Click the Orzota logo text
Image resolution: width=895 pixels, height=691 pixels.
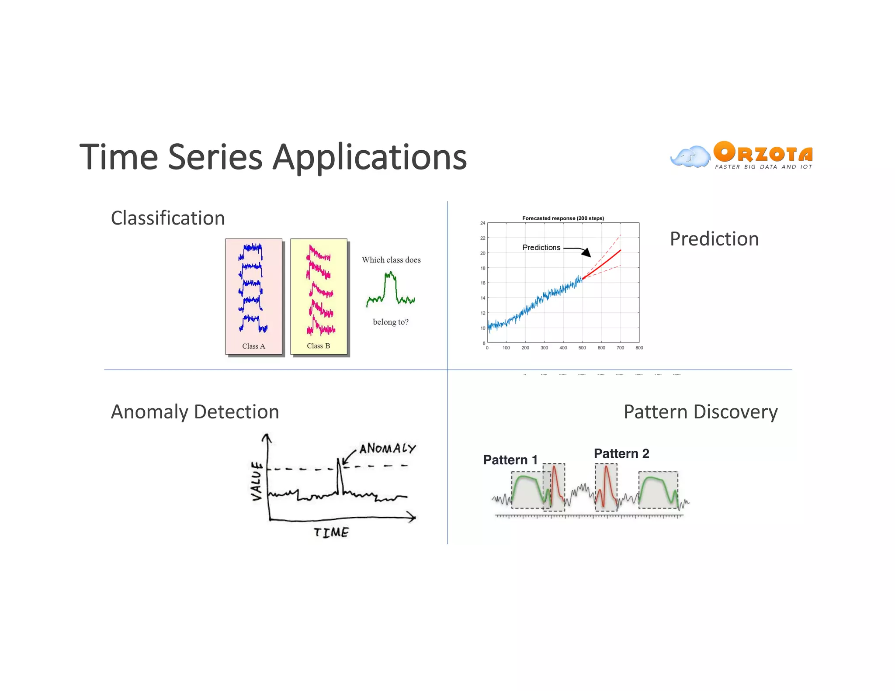click(763, 152)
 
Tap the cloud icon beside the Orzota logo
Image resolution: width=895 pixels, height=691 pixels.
click(690, 157)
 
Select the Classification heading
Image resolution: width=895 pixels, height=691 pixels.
click(168, 218)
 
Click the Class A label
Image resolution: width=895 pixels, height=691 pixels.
click(253, 346)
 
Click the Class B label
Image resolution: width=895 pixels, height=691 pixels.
click(318, 346)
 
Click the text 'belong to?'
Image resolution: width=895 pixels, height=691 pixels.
click(390, 322)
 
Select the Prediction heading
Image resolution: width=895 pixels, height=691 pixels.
click(714, 239)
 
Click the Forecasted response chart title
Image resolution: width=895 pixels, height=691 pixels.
click(563, 218)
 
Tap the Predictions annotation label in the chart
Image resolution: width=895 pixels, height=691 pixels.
click(541, 248)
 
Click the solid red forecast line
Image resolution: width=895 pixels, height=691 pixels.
click(603, 264)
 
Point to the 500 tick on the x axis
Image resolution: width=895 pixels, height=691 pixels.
click(582, 348)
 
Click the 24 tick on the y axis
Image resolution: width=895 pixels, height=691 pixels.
click(482, 223)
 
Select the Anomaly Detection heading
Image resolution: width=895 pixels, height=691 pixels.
click(195, 412)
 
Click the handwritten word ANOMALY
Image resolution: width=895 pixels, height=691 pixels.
click(387, 449)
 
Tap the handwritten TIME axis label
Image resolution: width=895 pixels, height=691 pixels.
click(331, 532)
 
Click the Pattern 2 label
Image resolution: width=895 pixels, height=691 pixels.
click(621, 453)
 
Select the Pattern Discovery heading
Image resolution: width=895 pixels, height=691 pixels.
click(700, 412)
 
